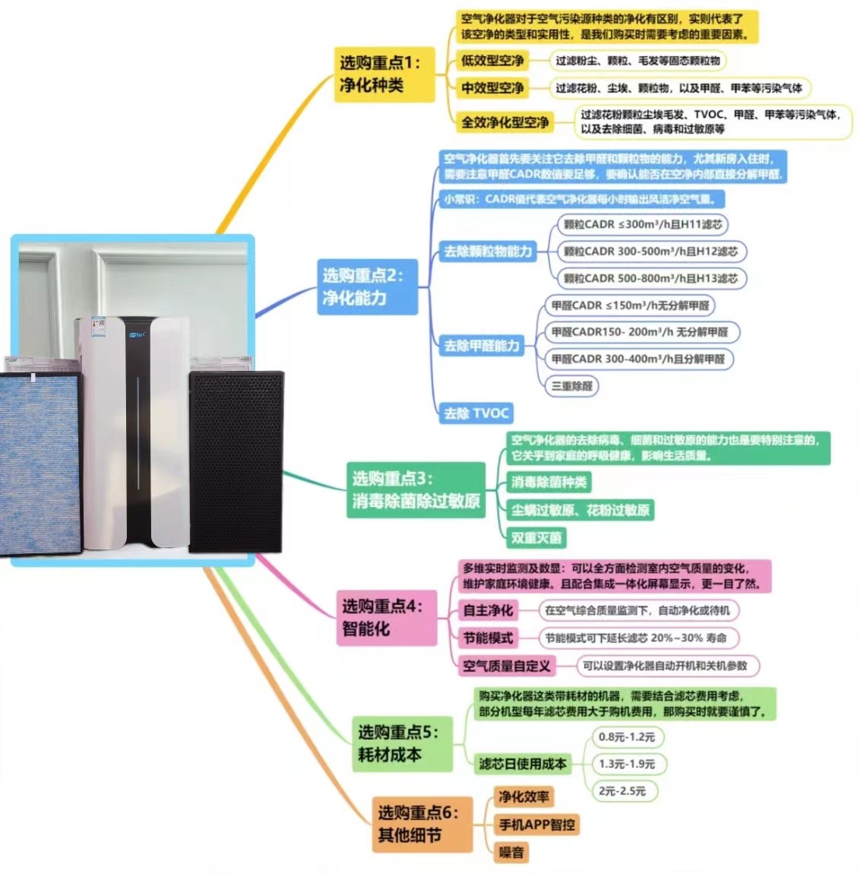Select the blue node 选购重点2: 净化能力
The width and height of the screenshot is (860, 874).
tap(367, 287)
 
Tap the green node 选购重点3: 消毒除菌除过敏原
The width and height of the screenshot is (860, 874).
tap(416, 490)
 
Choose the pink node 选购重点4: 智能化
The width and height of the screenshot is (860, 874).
tap(387, 617)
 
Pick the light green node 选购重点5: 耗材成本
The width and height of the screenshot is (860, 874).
tap(401, 743)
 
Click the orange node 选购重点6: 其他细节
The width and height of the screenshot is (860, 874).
tap(421, 824)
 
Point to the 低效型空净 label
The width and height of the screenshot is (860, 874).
tap(492, 61)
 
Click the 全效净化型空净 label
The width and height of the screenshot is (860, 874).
tap(505, 122)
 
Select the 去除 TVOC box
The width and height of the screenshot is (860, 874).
tap(476, 413)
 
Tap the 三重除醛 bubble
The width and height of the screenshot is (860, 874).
tap(572, 386)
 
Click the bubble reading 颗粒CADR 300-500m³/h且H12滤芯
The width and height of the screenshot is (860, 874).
tap(650, 252)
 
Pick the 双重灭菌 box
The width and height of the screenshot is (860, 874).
tap(536, 538)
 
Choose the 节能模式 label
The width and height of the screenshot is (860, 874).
tap(488, 638)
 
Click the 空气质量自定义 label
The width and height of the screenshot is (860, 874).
tap(507, 666)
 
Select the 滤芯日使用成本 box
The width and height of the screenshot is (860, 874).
tap(523, 764)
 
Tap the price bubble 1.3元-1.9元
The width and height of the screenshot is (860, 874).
tap(626, 764)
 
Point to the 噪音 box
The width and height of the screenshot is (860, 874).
tap(511, 852)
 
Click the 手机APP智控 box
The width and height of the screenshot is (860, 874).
tap(536, 825)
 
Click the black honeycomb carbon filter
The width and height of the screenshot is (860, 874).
tap(236, 461)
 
